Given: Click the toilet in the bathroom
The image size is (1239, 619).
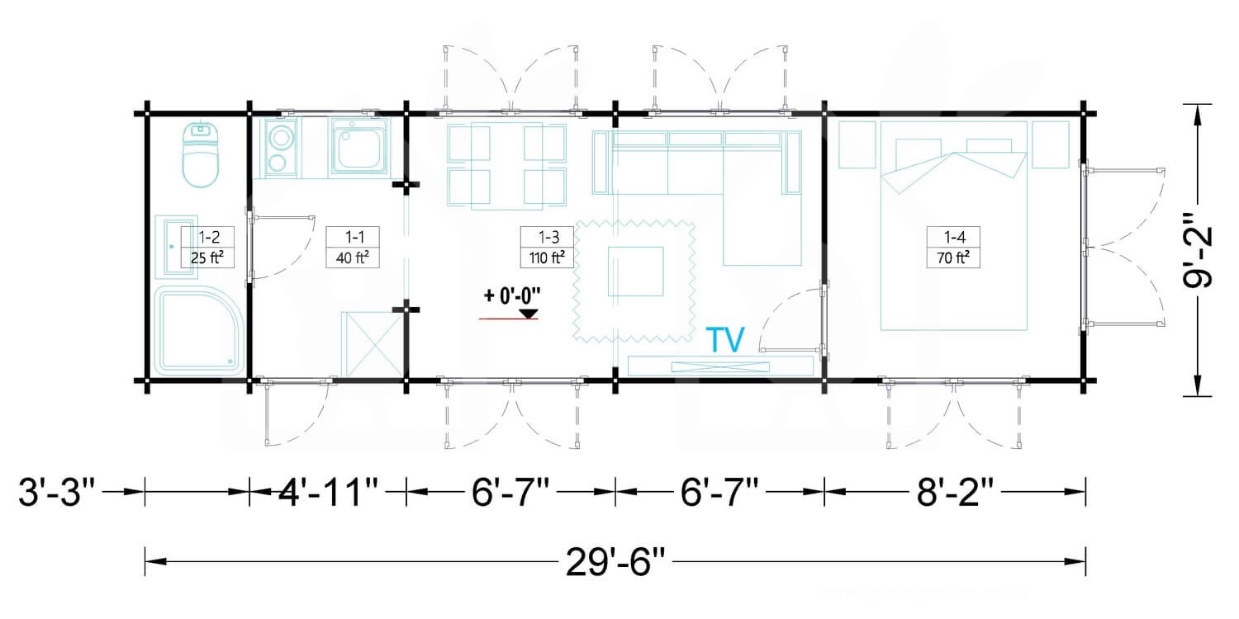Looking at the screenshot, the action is click(x=200, y=155).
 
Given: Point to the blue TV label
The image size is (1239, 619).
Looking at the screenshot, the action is click(x=726, y=340).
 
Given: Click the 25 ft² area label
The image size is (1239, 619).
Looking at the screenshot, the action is click(x=206, y=258).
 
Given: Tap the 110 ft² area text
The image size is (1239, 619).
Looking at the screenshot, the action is click(x=547, y=258).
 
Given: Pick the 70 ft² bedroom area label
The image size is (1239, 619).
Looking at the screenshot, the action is click(x=953, y=258).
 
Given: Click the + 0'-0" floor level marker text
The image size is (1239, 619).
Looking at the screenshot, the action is click(x=512, y=296).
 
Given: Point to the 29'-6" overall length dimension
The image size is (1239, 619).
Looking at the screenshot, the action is click(x=615, y=563).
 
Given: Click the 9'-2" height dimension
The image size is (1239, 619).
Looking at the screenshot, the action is click(x=1198, y=250).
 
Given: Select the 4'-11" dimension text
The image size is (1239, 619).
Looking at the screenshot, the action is click(x=327, y=491).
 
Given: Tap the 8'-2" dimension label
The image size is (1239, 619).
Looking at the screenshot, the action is click(x=955, y=491).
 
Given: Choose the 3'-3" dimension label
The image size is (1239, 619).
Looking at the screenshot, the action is click(x=57, y=491).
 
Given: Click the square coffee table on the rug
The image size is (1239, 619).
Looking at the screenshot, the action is click(x=635, y=272).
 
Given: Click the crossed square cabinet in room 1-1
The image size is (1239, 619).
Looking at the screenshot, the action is click(x=373, y=344).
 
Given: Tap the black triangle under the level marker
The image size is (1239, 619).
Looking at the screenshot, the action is click(x=529, y=314).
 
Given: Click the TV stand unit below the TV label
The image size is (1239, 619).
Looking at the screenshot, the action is click(x=720, y=366).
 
